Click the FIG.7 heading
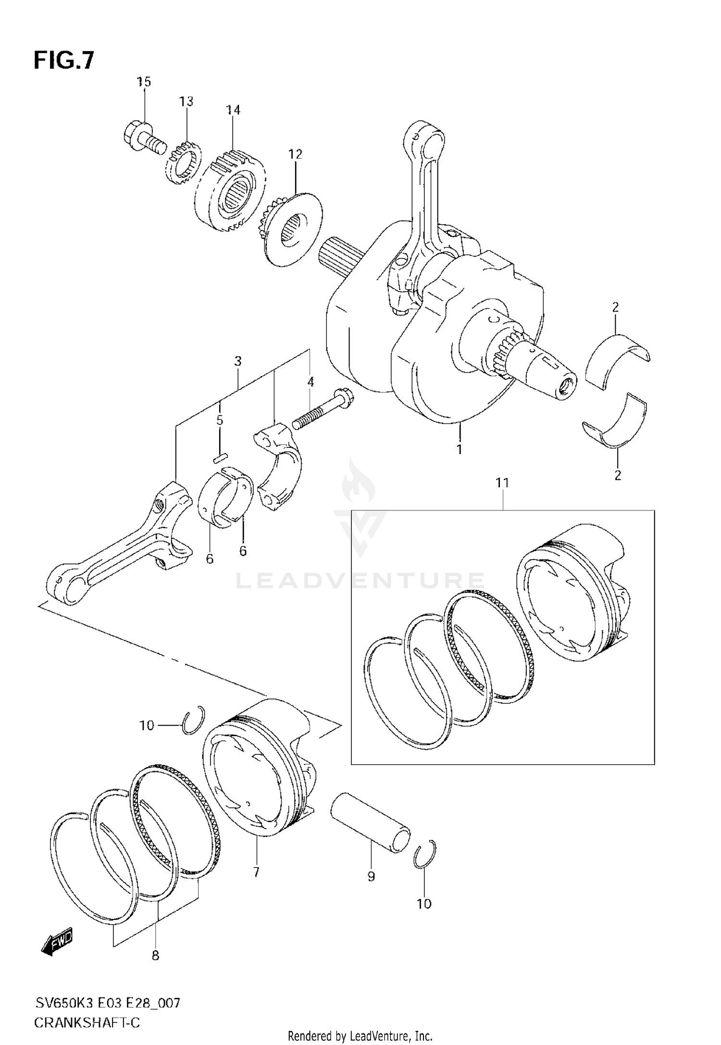(64, 61)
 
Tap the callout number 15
(143, 82)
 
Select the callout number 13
(186, 102)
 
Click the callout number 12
(295, 154)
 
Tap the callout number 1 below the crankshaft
(459, 449)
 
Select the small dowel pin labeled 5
(221, 458)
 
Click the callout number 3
(238, 361)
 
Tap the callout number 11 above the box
(502, 483)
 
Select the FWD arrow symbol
(58, 940)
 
